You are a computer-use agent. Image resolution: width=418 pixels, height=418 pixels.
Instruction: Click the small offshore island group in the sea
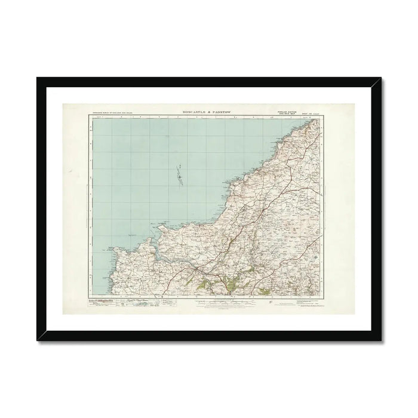179,177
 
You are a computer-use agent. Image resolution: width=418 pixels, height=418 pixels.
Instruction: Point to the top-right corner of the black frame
380,78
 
